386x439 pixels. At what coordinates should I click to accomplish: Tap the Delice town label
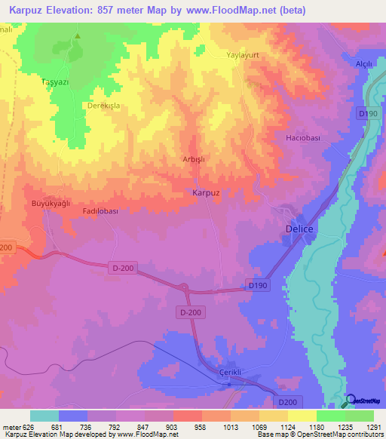(299, 228)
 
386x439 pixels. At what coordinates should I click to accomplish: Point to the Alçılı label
(364, 65)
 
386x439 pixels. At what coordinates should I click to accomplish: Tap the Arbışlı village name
(194, 159)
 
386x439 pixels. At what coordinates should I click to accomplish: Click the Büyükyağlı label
(50, 204)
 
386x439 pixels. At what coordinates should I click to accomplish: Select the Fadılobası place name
(100, 212)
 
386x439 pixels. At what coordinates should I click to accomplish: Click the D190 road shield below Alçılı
(367, 113)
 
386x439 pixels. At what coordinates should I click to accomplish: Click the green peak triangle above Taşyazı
(77, 35)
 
